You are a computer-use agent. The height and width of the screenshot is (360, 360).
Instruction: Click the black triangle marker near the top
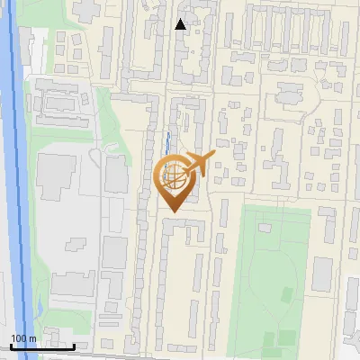tap(181, 24)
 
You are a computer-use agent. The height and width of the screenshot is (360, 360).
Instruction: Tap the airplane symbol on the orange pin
tap(200, 163)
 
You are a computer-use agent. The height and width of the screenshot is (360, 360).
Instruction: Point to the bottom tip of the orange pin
tap(173, 212)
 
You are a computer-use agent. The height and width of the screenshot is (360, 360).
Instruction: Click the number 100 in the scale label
tap(19, 338)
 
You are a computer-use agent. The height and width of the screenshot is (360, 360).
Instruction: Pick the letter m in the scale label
tap(32, 338)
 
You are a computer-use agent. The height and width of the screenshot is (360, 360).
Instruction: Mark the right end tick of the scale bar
tap(74, 345)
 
